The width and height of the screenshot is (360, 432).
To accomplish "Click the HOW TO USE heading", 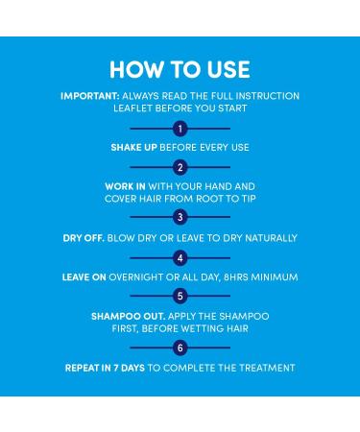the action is point(180,69).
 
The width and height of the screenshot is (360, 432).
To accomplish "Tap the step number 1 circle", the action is point(180,129).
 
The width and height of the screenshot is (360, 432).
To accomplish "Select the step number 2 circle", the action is point(180,167).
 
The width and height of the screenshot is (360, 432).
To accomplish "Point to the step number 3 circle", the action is point(180,217).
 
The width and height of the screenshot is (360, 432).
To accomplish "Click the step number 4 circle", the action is point(180,258).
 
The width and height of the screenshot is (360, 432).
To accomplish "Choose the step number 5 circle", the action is point(180,296).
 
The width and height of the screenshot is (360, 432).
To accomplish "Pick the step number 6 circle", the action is point(180,348).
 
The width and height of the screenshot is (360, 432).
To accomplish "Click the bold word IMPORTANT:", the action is point(90,96).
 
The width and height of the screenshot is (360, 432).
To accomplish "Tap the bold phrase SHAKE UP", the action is point(133,148).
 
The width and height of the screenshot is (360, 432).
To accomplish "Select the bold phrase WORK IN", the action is point(125,186).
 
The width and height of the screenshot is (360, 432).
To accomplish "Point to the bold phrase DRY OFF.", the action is point(84,238).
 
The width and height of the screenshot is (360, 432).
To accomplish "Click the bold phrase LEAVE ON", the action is point(84,277).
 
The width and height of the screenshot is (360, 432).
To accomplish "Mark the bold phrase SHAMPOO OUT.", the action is point(129,317).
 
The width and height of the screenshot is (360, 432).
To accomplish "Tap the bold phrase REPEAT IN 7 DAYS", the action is point(105,368).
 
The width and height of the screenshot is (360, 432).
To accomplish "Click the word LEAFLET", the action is point(132,108).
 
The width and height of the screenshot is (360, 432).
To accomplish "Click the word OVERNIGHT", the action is point(136,277).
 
